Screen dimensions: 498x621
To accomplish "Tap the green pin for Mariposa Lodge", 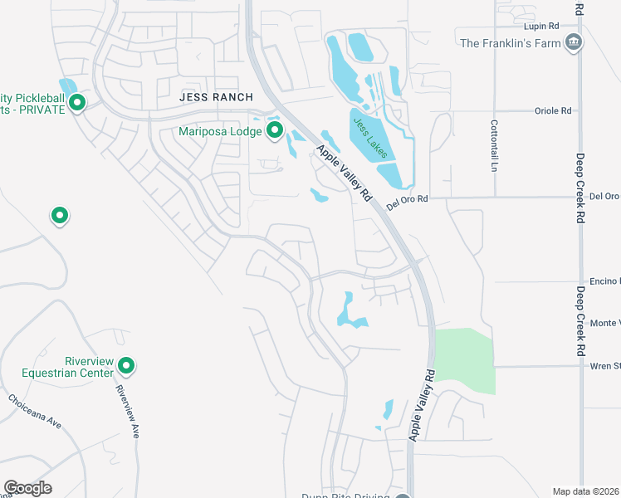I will click(275, 130).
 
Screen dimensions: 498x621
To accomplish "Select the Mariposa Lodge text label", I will click(222, 131).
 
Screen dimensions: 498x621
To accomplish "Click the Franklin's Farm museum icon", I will click(573, 42).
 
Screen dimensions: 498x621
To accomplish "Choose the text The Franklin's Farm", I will click(510, 43).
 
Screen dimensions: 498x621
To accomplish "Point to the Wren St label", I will click(604, 365).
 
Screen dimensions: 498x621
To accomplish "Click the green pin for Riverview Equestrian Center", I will click(126, 365).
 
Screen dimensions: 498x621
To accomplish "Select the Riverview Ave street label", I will click(127, 412).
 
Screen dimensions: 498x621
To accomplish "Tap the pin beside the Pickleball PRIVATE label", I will click(77, 103).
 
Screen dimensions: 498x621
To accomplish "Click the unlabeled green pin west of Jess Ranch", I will click(59, 216).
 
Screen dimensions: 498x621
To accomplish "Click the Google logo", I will click(27, 488).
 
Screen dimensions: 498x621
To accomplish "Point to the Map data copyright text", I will click(586, 491).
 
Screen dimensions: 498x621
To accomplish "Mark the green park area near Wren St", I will click(465, 361).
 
